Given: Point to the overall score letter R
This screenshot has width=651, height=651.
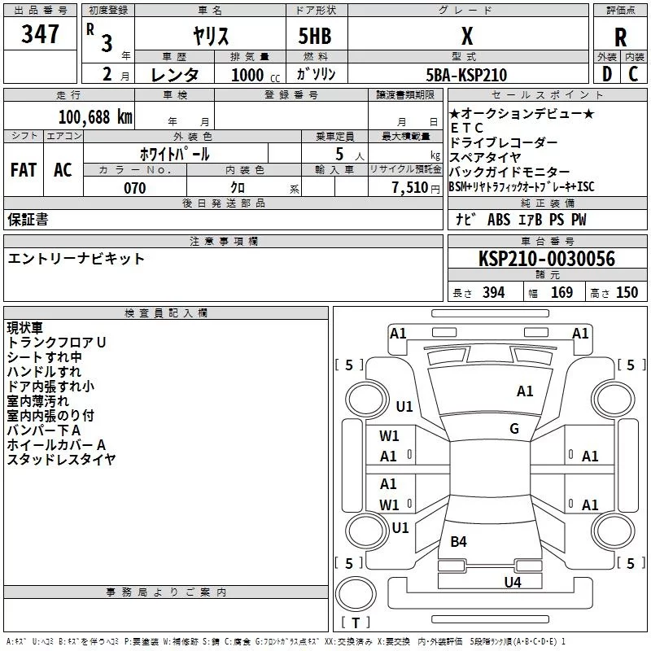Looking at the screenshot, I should click(621, 37).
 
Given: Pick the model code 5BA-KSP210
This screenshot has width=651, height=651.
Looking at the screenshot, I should click(466, 75).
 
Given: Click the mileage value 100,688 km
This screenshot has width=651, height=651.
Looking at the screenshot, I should click(95, 116).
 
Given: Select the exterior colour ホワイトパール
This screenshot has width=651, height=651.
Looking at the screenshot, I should click(175, 154).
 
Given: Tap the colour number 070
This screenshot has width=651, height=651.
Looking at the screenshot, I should click(134, 188).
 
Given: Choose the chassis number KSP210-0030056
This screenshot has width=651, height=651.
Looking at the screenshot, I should click(547, 259).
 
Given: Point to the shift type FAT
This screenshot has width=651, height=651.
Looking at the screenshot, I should click(23, 169).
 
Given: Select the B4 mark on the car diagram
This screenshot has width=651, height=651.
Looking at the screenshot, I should click(459, 541).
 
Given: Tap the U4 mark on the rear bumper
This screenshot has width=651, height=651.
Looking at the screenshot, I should click(512, 582).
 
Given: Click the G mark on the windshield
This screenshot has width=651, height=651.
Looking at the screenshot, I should click(514, 429).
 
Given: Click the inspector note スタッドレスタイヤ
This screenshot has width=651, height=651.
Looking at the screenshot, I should click(61, 460).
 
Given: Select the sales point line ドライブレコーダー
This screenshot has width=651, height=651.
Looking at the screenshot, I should click(504, 142).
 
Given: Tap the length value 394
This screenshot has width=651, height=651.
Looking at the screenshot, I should click(493, 293).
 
